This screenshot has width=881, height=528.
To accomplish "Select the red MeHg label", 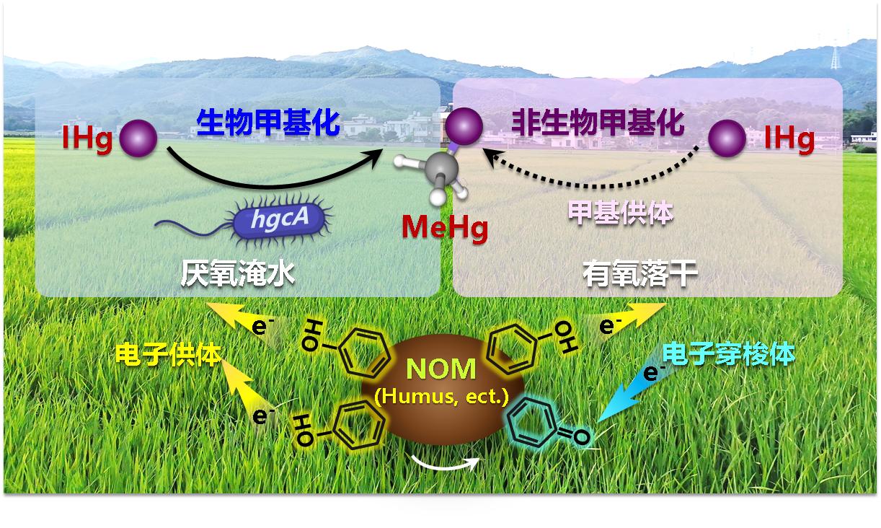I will (x=445, y=228).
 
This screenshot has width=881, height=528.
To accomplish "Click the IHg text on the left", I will (x=87, y=138).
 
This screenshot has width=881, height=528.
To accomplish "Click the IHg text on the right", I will (x=789, y=138).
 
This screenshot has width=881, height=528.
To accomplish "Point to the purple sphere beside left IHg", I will (x=138, y=138).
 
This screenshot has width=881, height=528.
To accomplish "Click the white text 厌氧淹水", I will (x=238, y=274).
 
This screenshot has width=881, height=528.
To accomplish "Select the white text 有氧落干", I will (x=640, y=274).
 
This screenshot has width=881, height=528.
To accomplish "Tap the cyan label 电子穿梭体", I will (x=729, y=354).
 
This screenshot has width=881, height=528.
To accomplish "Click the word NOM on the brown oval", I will (x=441, y=369).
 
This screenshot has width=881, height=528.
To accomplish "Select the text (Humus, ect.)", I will (x=441, y=395).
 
